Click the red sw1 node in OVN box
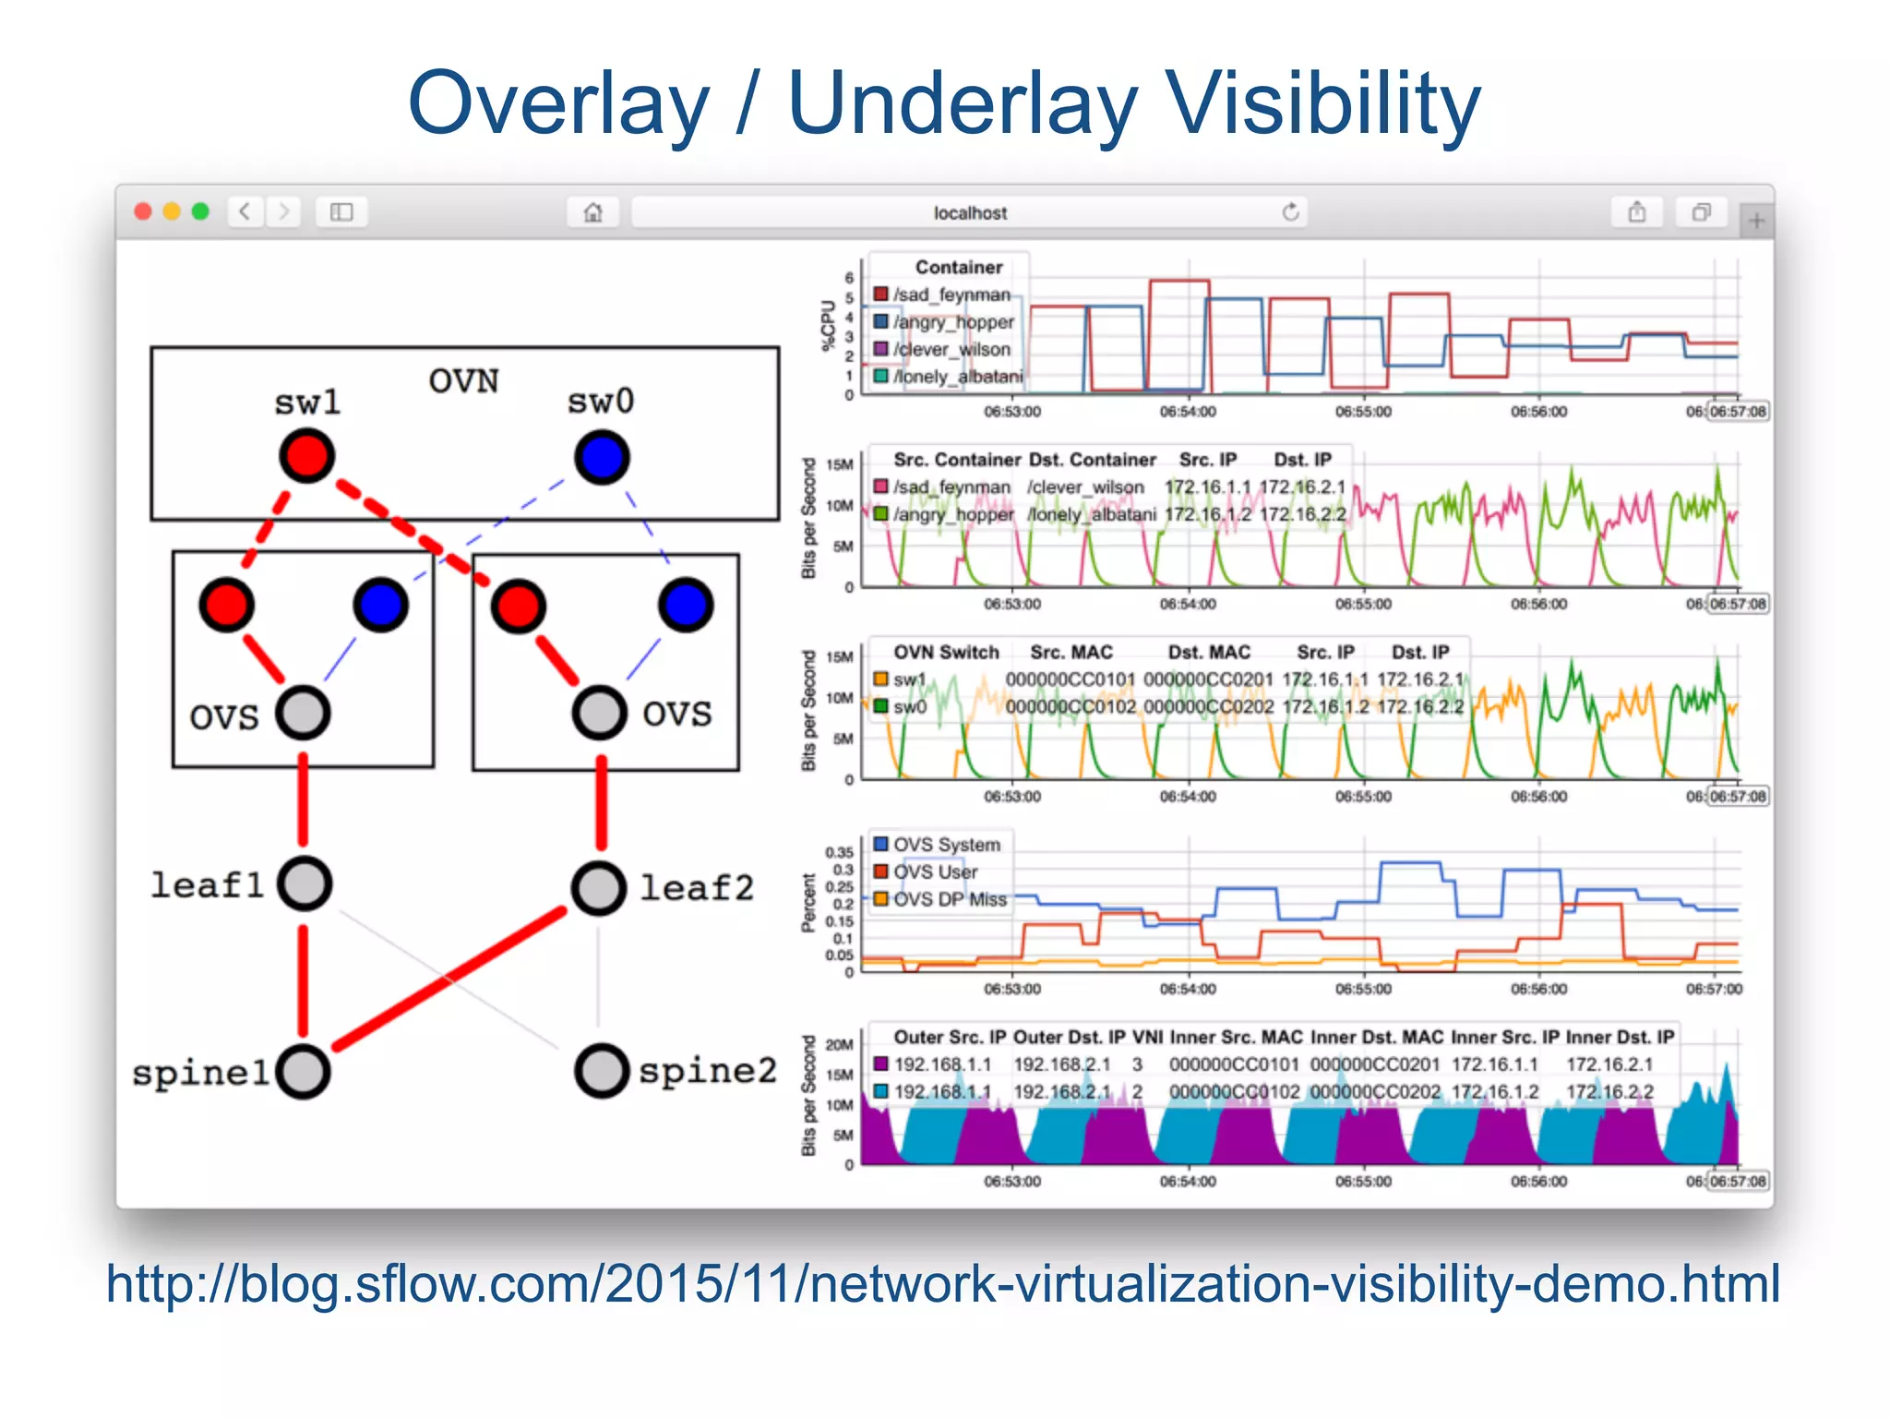coord(307,456)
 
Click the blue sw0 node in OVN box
coord(602,458)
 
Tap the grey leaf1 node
coord(305,883)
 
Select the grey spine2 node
coord(602,1071)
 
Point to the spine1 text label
coord(200,1073)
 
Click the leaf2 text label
coord(697,887)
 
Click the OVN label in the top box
coord(463,380)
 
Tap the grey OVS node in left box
coord(303,713)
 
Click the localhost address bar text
coord(969,213)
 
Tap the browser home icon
coord(592,213)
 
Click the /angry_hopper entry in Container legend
coord(953,322)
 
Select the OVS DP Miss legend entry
coord(949,899)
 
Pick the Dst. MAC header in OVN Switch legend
coord(1208,653)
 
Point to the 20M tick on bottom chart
coord(839,1045)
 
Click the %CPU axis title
coord(828,326)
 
